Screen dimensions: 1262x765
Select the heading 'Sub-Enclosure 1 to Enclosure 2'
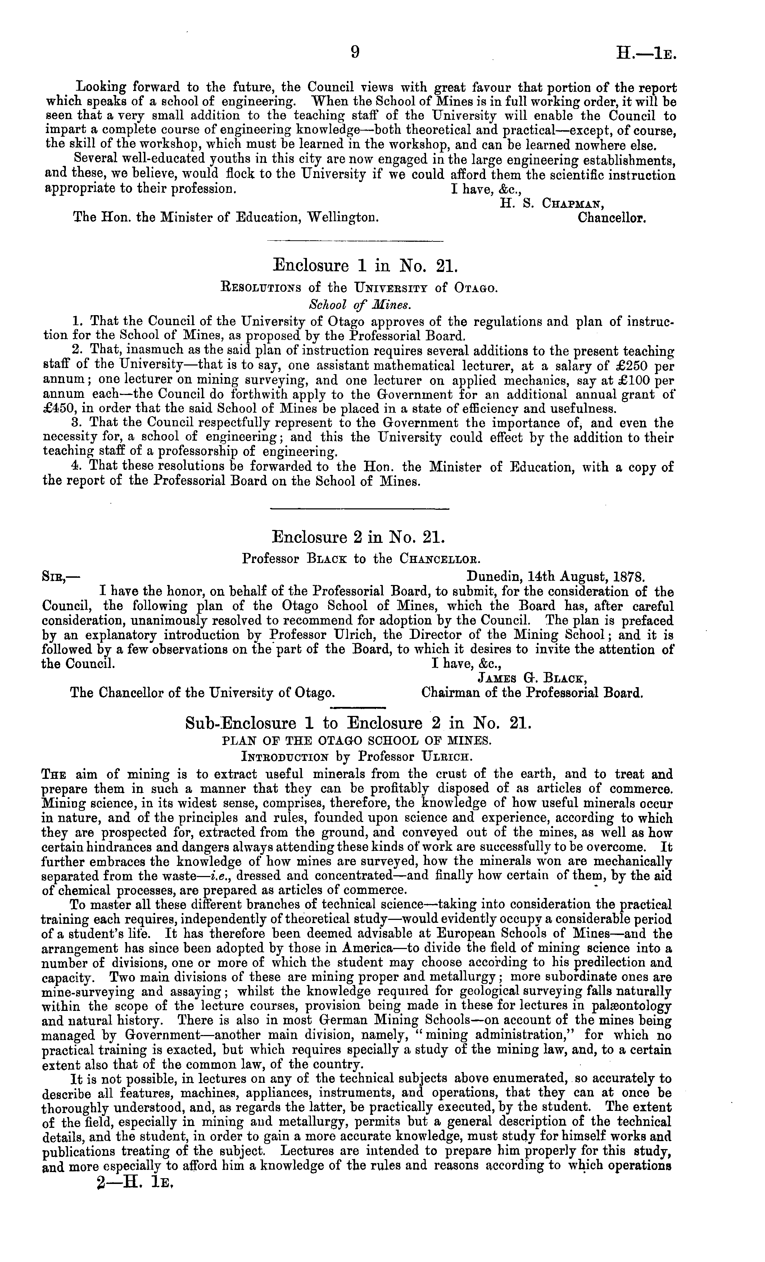pos(358,723)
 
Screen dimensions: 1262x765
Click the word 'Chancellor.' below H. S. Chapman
pos(612,218)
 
